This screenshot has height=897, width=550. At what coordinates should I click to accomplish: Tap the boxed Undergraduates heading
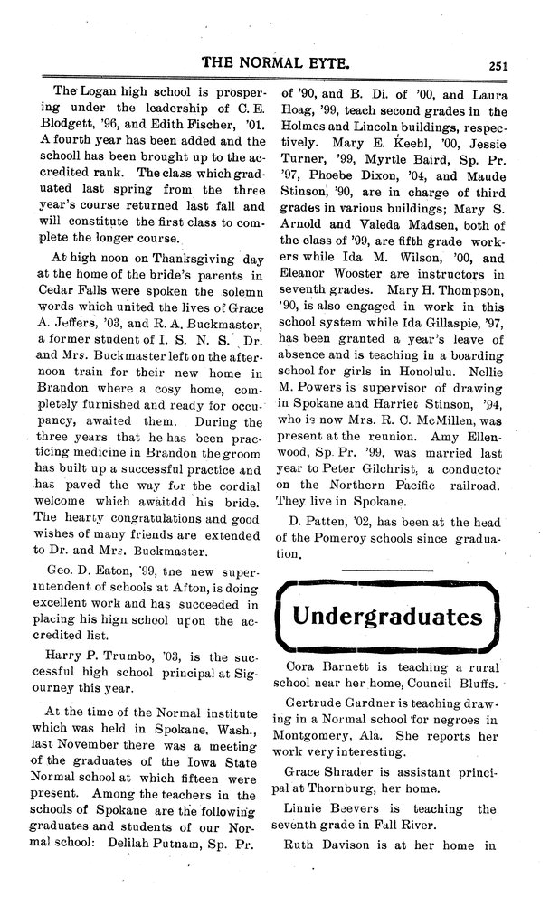[x=386, y=617]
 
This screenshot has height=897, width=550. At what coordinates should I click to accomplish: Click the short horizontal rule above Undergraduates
[x=386, y=568]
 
